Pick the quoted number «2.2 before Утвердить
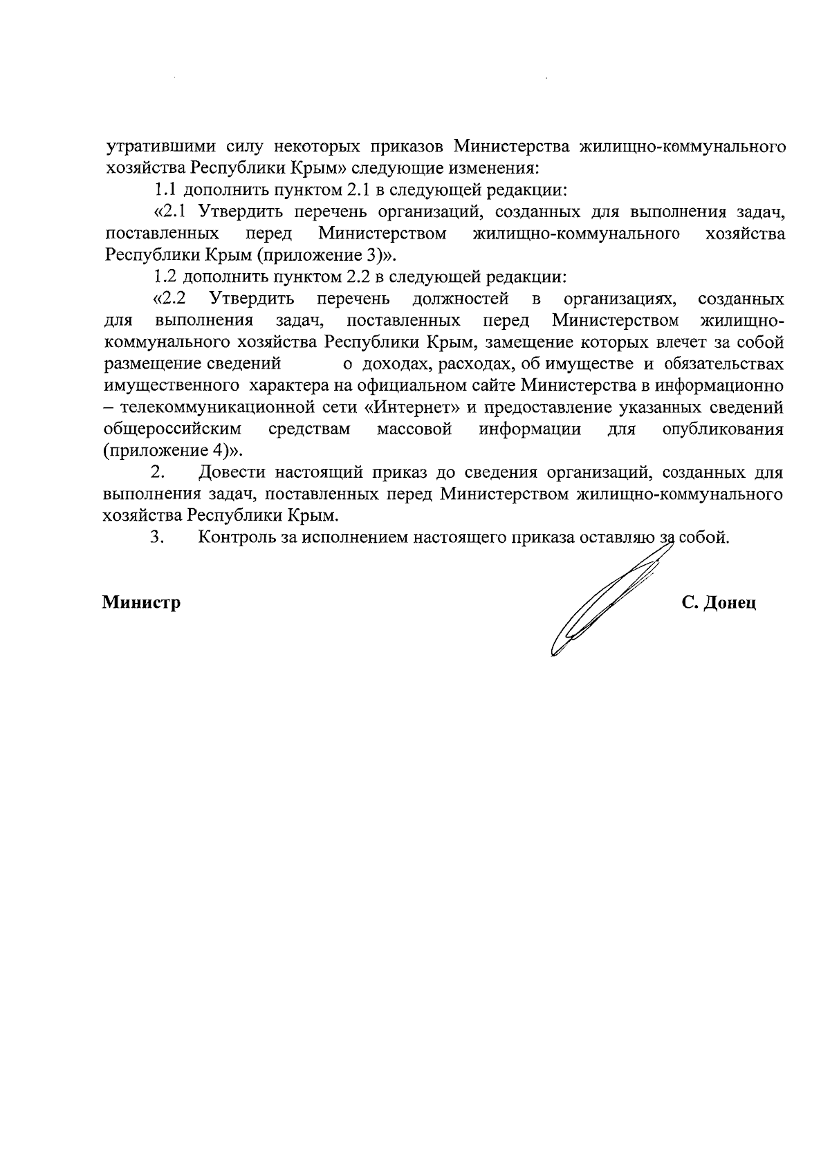coord(169,299)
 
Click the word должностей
coord(461,299)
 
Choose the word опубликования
coord(723,429)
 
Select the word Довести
coord(233,473)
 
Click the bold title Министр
coord(142,603)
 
